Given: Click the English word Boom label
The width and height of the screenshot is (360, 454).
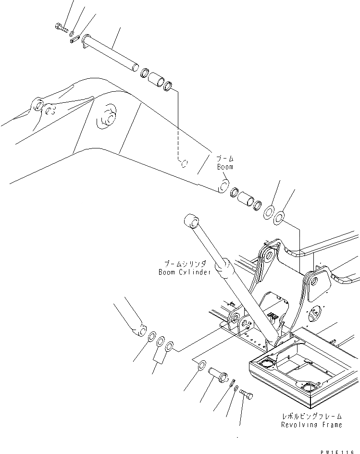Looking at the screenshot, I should (224, 167).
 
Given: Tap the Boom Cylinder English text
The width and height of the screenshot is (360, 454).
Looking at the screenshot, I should (185, 272).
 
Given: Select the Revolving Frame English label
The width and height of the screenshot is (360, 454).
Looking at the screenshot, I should (312, 425).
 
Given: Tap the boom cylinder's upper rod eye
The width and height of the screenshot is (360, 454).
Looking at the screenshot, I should (191, 221).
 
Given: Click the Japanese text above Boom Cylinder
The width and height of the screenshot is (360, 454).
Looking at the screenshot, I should (185, 264).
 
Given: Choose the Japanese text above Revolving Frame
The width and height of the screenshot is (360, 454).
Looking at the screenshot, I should (312, 417).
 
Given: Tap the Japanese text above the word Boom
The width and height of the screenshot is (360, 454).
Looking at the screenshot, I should (224, 158).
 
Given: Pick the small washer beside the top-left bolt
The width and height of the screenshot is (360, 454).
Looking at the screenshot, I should (72, 34).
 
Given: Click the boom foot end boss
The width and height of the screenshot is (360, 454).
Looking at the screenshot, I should (224, 186).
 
